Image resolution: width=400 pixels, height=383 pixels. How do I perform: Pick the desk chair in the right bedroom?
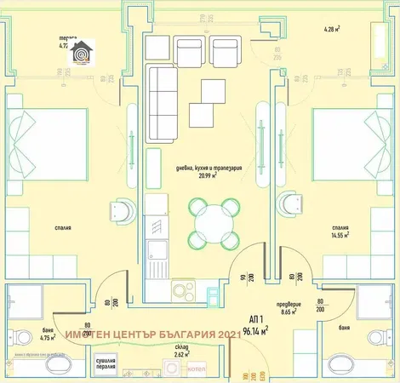(x=292, y=202)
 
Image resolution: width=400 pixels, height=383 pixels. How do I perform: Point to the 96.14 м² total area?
(x=253, y=329)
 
